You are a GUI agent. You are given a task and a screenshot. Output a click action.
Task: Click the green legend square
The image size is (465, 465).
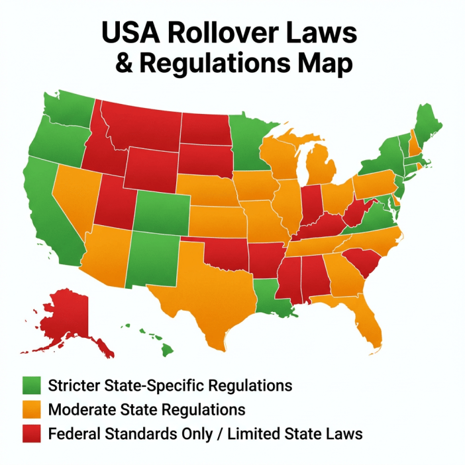[x=31, y=385]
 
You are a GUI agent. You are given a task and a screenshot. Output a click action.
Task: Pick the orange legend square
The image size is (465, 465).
[x=31, y=409]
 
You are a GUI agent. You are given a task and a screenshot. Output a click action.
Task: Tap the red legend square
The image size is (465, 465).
[x=31, y=434]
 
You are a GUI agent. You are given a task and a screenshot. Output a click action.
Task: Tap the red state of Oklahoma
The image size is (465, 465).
[x=225, y=254]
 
